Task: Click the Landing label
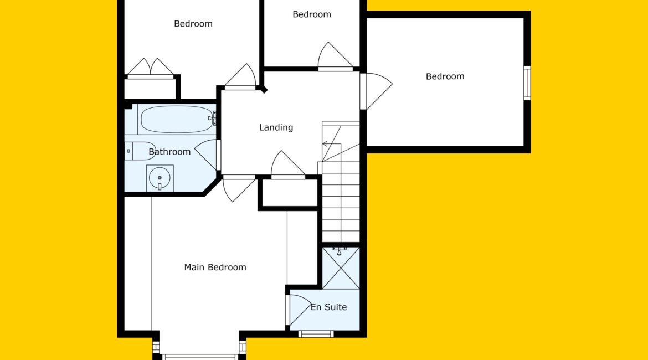click(x=276, y=127)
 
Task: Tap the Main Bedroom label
click(x=215, y=268)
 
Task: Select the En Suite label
click(x=328, y=307)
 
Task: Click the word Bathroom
click(x=169, y=152)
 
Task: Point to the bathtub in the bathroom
click(x=177, y=120)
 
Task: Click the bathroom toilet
click(x=139, y=151)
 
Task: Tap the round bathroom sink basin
click(x=160, y=178)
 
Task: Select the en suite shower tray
click(x=341, y=268)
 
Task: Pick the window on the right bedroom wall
click(x=527, y=83)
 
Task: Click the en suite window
click(x=316, y=334)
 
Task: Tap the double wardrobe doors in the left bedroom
click(x=150, y=69)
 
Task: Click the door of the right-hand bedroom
click(x=376, y=91)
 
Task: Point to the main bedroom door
click(x=239, y=188)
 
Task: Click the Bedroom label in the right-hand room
click(x=445, y=76)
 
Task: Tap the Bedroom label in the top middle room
click(x=312, y=14)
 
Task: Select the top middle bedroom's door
click(x=335, y=56)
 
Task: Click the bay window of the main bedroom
click(x=200, y=356)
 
